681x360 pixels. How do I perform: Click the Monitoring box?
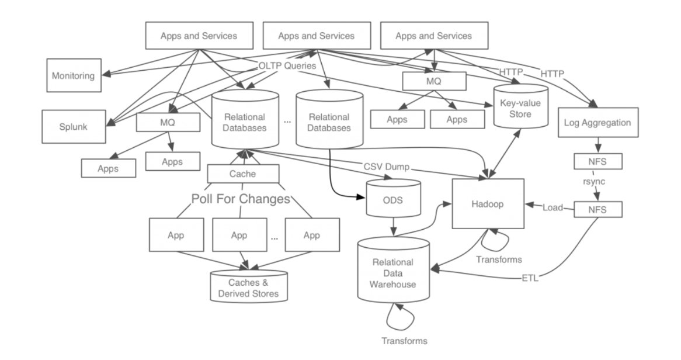[x=74, y=75]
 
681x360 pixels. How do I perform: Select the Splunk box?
[x=74, y=126]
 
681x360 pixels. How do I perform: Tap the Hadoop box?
[x=488, y=203]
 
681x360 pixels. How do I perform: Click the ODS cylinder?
[x=394, y=199]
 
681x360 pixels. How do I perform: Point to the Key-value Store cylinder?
[x=521, y=106]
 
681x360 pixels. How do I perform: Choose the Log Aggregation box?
[x=598, y=123]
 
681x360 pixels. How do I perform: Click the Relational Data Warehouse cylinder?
[x=394, y=270]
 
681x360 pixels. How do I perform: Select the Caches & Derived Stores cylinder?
[x=248, y=286]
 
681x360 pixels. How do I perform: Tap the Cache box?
[x=243, y=174]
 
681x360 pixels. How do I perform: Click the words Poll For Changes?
[x=241, y=199]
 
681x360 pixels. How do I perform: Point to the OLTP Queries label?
[x=287, y=65]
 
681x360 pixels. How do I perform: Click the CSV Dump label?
[x=386, y=167]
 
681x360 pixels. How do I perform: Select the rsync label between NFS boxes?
[x=594, y=181]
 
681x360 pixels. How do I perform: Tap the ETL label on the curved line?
[x=530, y=278]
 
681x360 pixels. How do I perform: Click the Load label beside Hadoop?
[x=553, y=207]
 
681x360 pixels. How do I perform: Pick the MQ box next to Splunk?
[x=168, y=122]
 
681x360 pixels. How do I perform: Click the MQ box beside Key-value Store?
[x=435, y=81]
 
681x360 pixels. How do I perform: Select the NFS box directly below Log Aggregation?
[x=598, y=161]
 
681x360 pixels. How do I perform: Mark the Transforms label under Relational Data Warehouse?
[x=404, y=341]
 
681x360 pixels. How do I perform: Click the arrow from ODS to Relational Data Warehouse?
[x=394, y=227]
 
